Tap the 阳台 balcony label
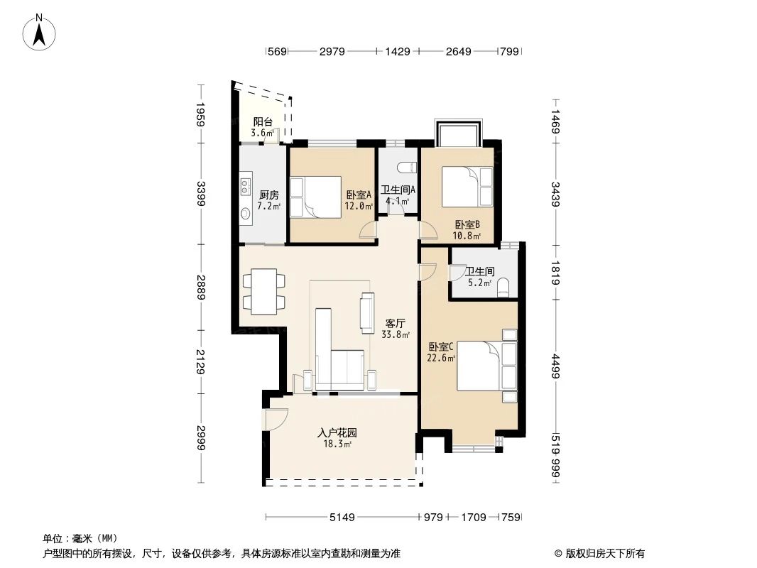tap(263, 122)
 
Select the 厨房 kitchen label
tap(268, 195)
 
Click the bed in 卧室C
tap(486, 366)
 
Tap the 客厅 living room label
tap(395, 322)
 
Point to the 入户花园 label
tap(337, 432)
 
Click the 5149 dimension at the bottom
tap(342, 518)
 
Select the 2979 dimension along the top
tap(332, 51)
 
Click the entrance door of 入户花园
tap(276, 420)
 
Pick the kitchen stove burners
tap(246, 187)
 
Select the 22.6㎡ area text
tap(440, 359)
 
